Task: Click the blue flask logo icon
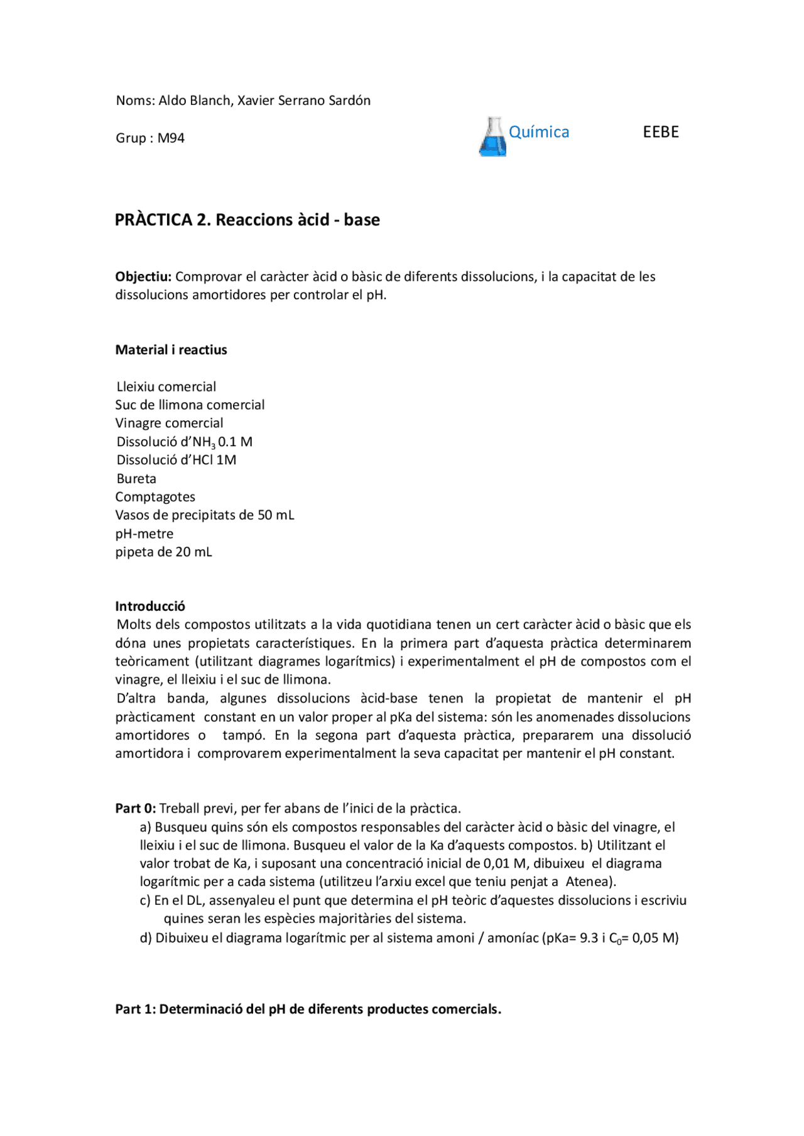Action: (492, 136)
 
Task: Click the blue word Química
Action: (538, 132)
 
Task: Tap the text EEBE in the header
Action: (661, 132)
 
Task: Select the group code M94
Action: (171, 138)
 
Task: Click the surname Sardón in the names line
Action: (349, 101)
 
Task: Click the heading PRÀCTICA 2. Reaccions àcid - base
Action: (247, 220)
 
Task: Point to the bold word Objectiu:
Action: (143, 276)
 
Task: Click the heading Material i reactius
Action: (171, 350)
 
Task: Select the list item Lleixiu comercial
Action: (166, 386)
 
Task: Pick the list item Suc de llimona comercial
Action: (190, 405)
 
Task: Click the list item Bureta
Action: (136, 479)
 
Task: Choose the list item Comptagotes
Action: (155, 497)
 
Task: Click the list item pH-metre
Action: (144, 534)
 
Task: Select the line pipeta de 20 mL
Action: (163, 552)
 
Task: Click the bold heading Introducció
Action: (150, 606)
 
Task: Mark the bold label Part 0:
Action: (135, 808)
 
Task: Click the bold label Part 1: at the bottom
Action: (135, 1009)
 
